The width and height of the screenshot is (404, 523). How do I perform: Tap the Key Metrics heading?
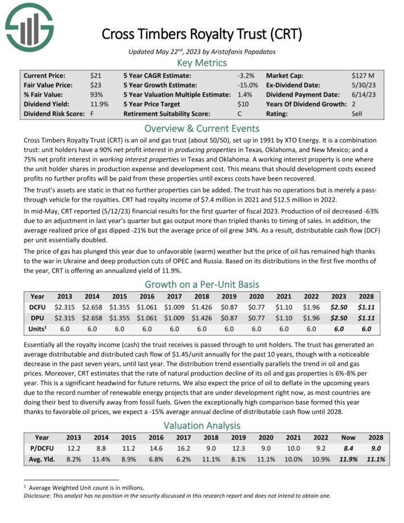(x=202, y=63)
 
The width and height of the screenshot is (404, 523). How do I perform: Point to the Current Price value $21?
(x=96, y=75)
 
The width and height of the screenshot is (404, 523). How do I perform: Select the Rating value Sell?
(x=357, y=114)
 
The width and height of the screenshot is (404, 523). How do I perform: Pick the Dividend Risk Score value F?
(x=92, y=114)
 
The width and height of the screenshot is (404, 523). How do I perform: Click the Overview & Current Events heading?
(x=202, y=128)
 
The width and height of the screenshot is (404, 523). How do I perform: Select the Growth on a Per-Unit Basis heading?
(x=202, y=284)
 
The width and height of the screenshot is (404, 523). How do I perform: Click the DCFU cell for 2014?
(x=92, y=307)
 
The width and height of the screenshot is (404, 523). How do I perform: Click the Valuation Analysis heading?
(x=202, y=425)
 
